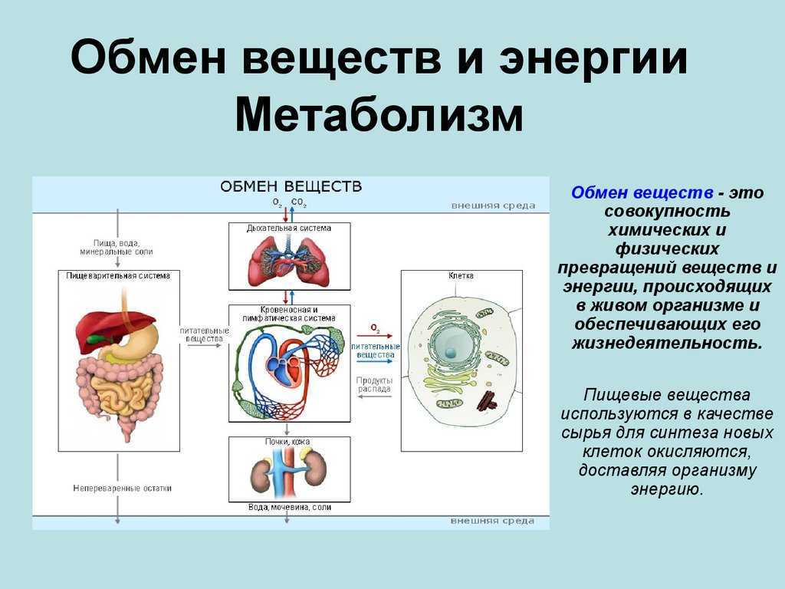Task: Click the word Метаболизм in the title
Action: (379, 117)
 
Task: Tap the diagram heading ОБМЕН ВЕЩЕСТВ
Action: (291, 187)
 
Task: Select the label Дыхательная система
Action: (289, 229)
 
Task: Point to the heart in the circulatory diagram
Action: (284, 367)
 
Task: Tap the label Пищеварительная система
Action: (118, 276)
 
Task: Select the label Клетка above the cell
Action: (461, 275)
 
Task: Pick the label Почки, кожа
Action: (287, 442)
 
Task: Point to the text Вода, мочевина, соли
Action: (290, 508)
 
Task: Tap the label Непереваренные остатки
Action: (122, 489)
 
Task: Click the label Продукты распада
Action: (374, 385)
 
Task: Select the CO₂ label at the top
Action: (298, 202)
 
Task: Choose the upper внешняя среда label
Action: (493, 206)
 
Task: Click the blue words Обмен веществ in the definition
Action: (642, 192)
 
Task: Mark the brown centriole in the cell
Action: (486, 401)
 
